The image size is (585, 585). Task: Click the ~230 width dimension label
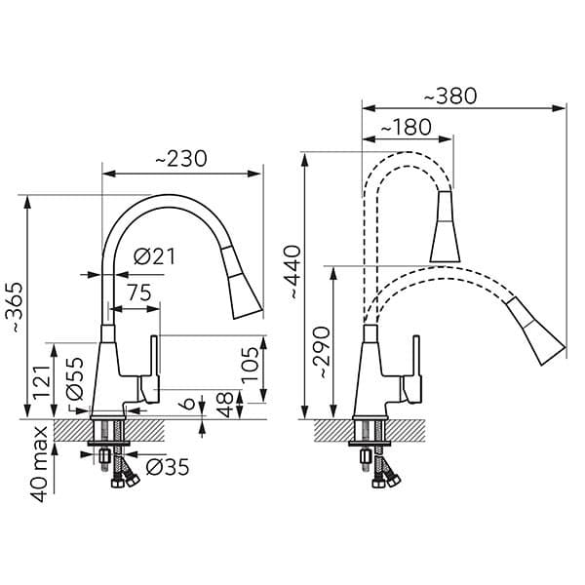coord(180,159)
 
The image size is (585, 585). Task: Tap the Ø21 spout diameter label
coord(153,256)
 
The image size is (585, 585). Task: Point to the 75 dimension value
coord(138,292)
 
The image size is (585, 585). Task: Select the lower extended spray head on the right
coord(538,336)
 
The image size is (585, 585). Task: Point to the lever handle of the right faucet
coord(414,370)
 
